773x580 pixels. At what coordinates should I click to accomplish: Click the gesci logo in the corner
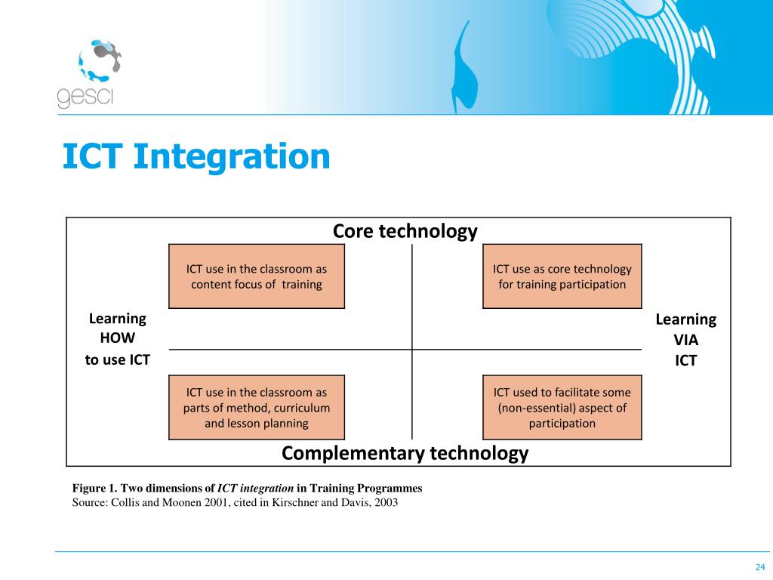point(89,73)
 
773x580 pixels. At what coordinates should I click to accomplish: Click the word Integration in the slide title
point(232,158)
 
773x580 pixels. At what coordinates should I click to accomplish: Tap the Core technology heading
point(405,231)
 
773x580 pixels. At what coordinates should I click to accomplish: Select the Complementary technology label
point(405,453)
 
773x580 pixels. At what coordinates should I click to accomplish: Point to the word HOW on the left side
point(117,338)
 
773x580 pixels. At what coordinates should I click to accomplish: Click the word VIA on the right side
point(685,340)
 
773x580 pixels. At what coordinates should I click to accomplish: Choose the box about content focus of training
point(257,276)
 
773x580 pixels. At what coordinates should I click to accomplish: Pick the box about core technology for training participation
point(562,276)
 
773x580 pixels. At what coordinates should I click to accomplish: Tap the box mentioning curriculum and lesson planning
point(257,407)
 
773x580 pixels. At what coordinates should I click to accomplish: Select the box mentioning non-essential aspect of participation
point(562,407)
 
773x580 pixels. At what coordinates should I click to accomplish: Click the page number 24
point(760,567)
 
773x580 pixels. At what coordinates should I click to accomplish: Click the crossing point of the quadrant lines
point(412,350)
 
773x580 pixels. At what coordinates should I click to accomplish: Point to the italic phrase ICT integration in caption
point(255,489)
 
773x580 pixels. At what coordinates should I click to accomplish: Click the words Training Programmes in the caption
point(366,489)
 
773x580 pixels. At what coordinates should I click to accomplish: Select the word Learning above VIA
point(685,320)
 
